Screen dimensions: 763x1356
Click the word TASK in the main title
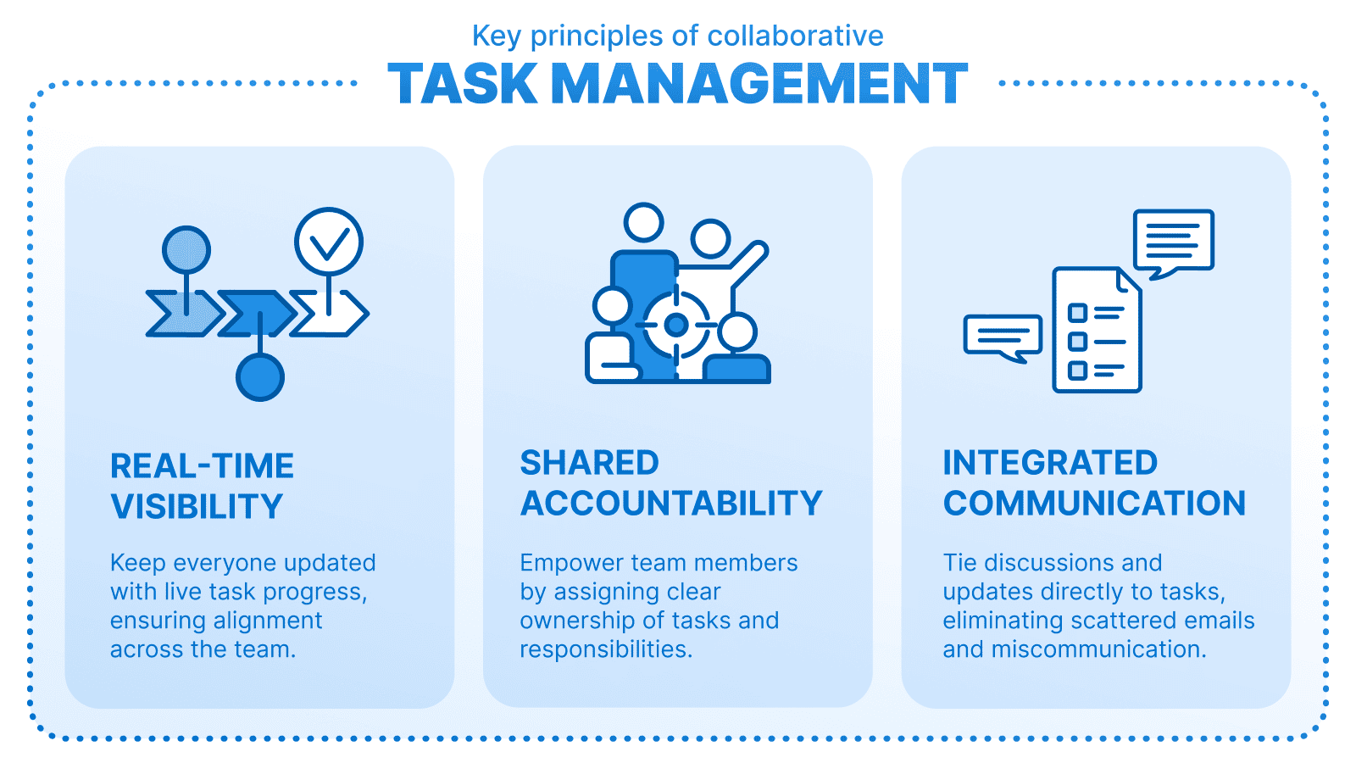463,84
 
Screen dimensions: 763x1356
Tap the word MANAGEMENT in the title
759,84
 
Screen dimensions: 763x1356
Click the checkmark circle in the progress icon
329,242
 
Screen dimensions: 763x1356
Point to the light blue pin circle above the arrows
186,250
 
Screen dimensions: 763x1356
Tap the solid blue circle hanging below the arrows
260,377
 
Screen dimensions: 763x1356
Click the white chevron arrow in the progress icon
332,314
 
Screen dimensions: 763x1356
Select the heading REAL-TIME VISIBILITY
202,486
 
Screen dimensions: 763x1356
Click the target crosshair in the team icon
676,325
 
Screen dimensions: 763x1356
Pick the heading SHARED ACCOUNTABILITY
670,482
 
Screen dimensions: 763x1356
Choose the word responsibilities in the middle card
605,649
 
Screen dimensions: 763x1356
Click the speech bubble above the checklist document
1174,242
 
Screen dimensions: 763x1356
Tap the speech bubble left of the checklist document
1003,336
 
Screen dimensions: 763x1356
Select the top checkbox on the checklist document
1077,313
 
